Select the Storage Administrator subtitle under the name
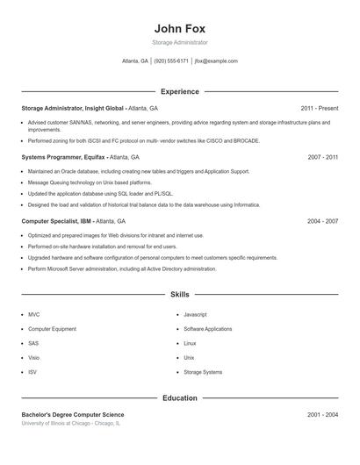(179, 42)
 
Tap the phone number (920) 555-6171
(171, 61)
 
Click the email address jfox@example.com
(216, 61)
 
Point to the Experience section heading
(179, 91)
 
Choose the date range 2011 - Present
(319, 108)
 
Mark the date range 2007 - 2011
(322, 157)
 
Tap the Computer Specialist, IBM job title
(73, 222)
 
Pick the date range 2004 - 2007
(322, 222)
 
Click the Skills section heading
(179, 295)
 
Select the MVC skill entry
(33, 314)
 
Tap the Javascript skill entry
(195, 314)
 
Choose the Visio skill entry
(33, 358)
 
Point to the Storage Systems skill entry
(203, 373)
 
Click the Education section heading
(179, 397)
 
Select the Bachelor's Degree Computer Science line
(73, 414)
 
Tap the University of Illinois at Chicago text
(70, 423)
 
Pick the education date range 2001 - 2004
(322, 414)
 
